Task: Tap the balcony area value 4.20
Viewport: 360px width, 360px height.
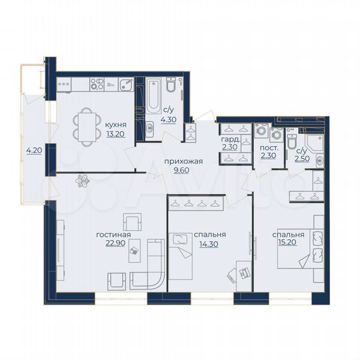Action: click(33, 151)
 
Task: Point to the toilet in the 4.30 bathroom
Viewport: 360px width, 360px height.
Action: click(171, 87)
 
